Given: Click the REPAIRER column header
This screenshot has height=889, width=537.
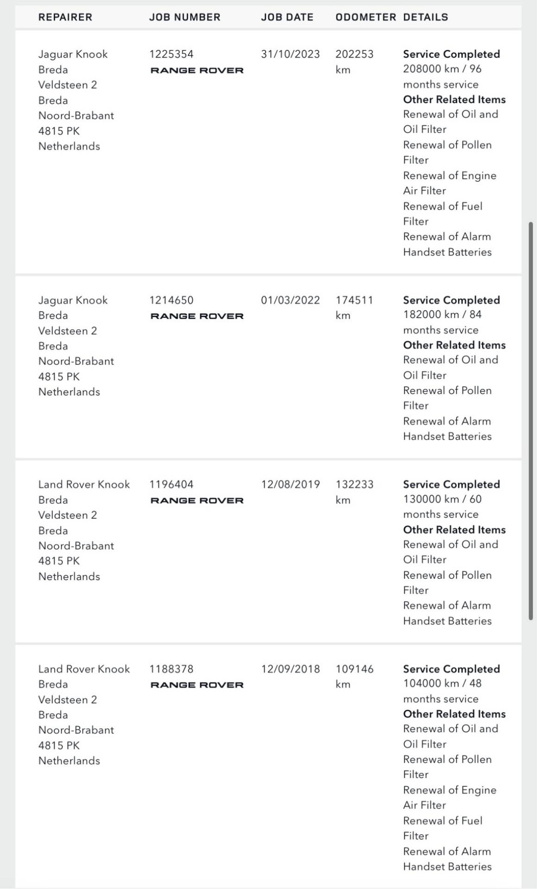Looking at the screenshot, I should [x=65, y=17].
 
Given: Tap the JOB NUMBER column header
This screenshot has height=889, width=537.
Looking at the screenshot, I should [x=185, y=17].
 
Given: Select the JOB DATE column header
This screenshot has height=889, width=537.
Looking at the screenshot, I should [x=287, y=17].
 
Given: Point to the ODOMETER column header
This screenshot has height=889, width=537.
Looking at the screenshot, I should [x=366, y=17].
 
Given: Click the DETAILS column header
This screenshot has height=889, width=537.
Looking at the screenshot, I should [x=425, y=17].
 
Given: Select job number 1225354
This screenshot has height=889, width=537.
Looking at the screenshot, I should [x=171, y=54].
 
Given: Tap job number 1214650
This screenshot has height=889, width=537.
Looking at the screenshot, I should [x=171, y=300].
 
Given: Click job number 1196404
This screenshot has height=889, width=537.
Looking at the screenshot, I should [x=171, y=484].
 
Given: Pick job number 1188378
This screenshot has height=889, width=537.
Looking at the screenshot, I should [x=171, y=669].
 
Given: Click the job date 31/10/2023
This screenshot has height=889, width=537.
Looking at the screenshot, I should [x=290, y=54].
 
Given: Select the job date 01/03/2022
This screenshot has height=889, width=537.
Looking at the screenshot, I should [x=290, y=300].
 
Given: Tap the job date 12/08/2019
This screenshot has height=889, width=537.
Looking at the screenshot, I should [x=290, y=484].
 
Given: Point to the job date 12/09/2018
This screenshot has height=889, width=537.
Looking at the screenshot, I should [x=290, y=669].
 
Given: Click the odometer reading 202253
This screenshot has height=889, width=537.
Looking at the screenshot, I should [x=355, y=54].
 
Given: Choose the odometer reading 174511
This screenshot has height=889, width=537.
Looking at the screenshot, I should [x=355, y=300].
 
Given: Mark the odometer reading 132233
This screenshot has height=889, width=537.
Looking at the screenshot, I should [x=355, y=484].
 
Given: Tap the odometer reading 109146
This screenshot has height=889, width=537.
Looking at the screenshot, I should [x=355, y=669].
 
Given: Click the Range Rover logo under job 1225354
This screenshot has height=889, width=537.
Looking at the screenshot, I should [x=197, y=70].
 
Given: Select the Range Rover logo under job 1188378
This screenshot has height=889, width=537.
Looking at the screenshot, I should [x=197, y=685].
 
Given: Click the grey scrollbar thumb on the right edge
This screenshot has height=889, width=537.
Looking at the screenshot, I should [x=531, y=419].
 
